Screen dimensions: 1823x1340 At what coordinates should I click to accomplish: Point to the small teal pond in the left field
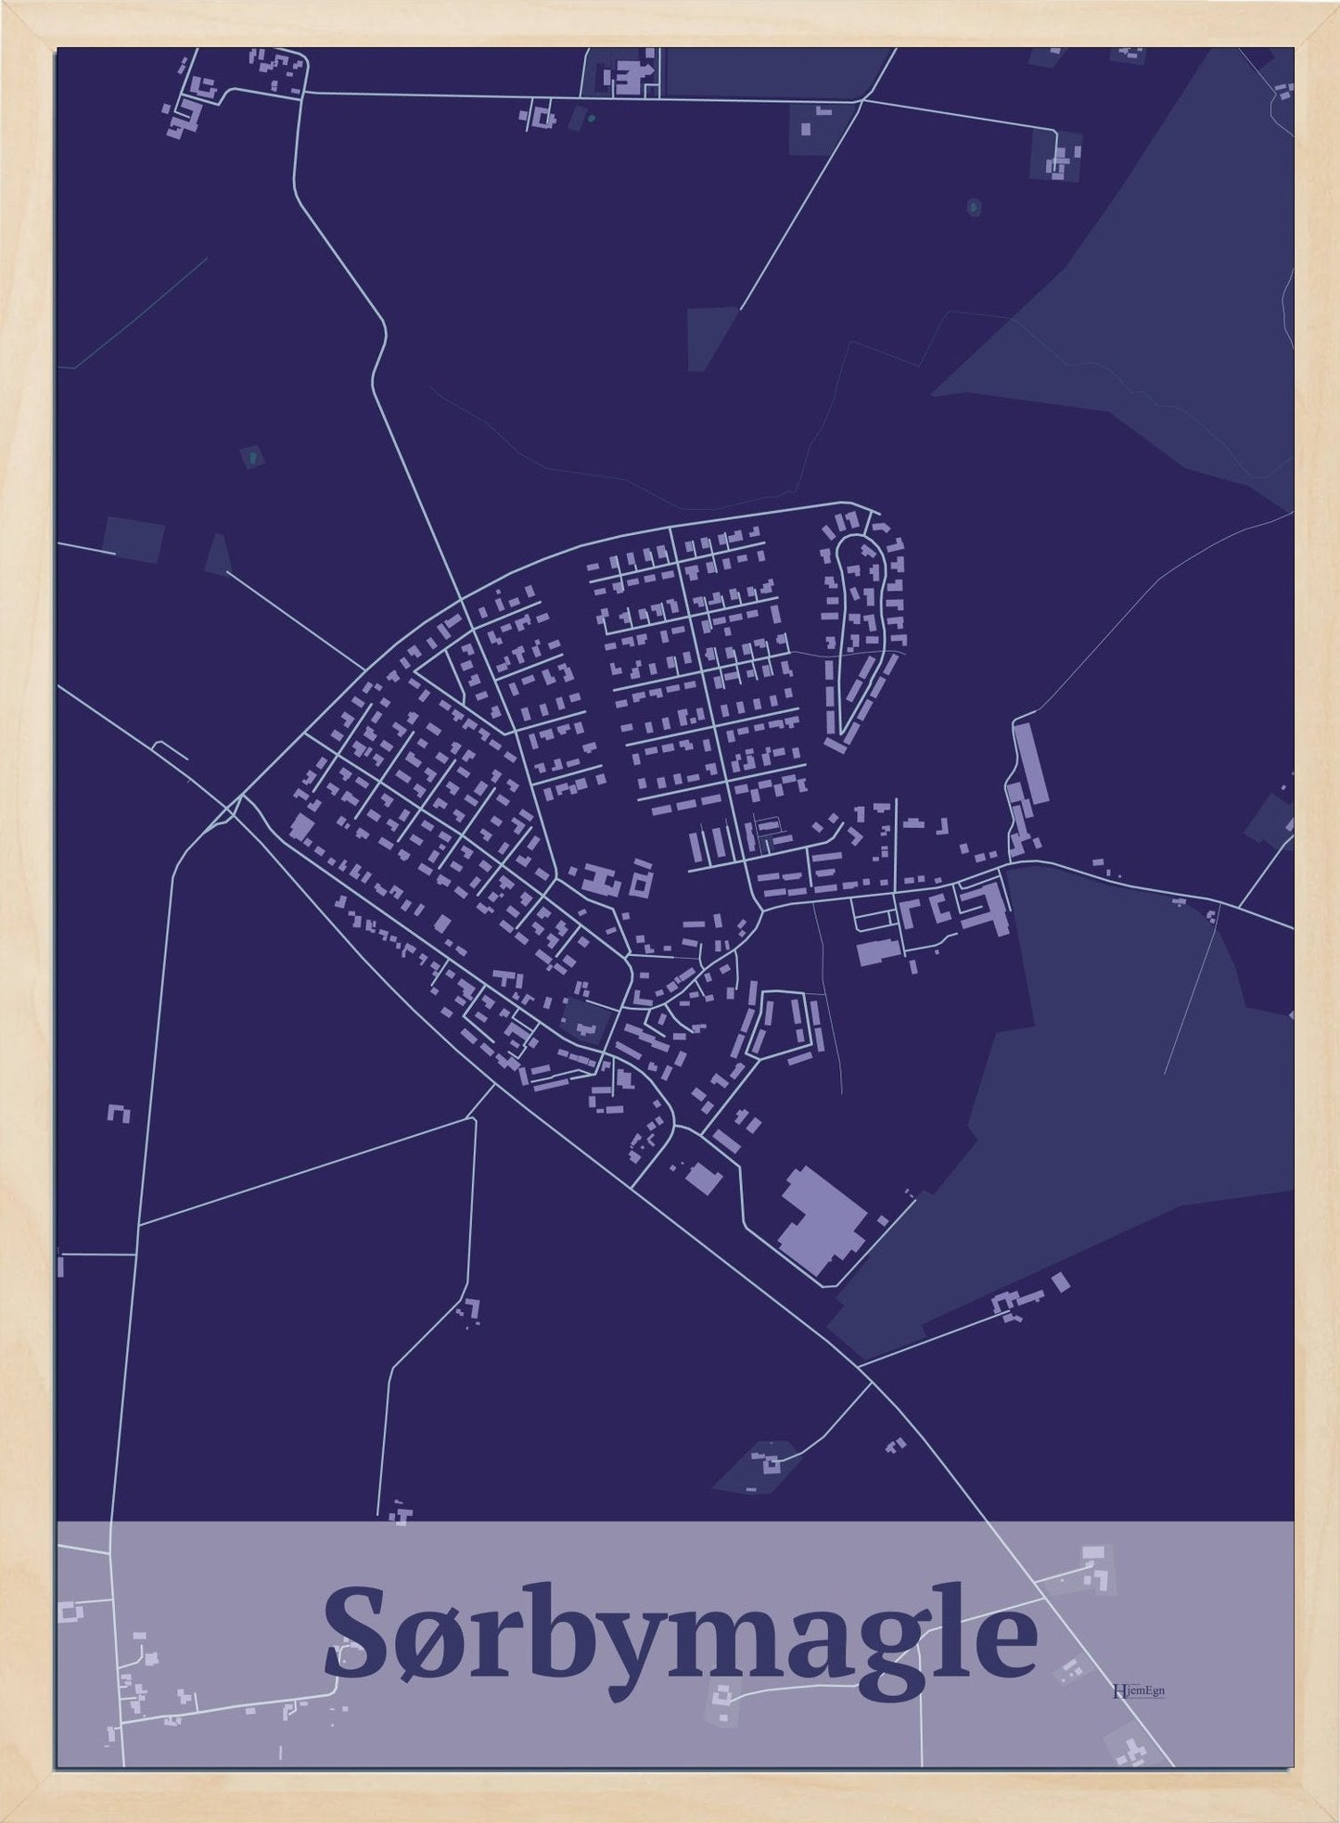click(250, 456)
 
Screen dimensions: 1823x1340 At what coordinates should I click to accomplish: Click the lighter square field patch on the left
click(134, 539)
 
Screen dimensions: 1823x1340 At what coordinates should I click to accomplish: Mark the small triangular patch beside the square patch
click(217, 555)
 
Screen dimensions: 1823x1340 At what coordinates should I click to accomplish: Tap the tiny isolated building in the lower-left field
click(119, 1113)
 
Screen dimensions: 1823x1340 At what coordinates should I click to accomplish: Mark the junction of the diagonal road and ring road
click(240, 797)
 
